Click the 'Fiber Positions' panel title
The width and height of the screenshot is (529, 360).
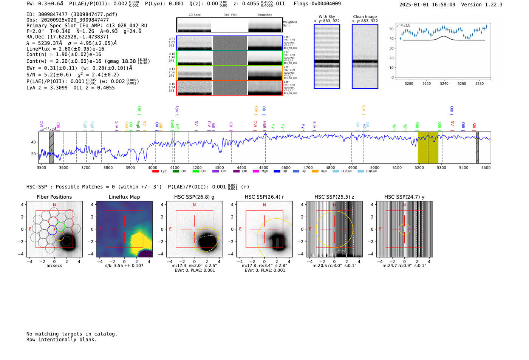click(x=54, y=197)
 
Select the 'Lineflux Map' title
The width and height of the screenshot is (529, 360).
click(x=124, y=197)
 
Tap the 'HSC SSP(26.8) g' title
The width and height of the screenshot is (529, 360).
click(x=194, y=197)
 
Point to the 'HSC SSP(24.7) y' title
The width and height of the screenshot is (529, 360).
click(x=404, y=197)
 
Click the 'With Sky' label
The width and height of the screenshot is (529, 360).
click(x=327, y=17)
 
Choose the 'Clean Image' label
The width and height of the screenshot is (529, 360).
click(x=365, y=17)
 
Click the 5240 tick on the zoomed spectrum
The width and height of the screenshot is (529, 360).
click(x=444, y=83)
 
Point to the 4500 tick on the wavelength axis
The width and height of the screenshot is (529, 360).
click(x=264, y=168)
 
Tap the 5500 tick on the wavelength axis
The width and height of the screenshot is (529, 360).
click(x=486, y=168)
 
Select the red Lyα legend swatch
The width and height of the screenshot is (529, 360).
click(x=155, y=172)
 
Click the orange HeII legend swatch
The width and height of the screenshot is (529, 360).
click(x=315, y=172)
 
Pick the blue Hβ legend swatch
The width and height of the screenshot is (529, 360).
click(x=277, y=172)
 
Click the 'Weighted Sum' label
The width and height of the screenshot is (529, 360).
click(x=290, y=24)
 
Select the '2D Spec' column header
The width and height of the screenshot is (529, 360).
click(x=195, y=15)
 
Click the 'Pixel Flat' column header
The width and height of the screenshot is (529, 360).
click(x=230, y=15)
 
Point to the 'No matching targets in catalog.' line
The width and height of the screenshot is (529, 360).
click(x=72, y=334)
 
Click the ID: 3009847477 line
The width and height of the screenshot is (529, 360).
click(x=72, y=14)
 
